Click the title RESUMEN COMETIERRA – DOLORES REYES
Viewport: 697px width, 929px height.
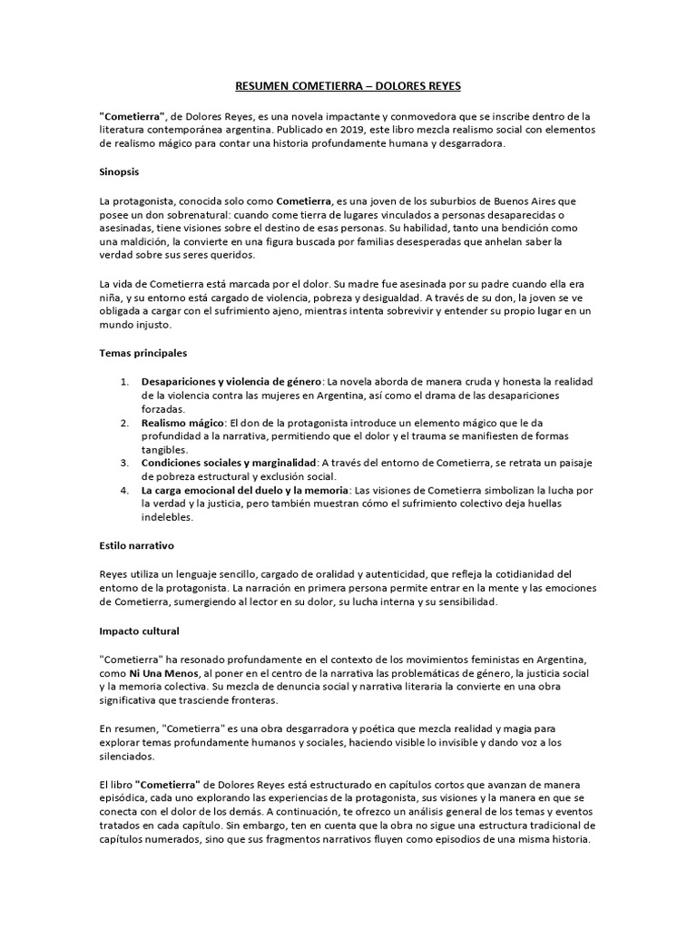(x=348, y=87)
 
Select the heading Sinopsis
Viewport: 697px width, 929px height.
(x=119, y=171)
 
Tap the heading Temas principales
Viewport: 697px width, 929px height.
(x=142, y=351)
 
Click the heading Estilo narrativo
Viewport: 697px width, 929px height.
(x=137, y=547)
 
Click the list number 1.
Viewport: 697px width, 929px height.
(x=124, y=382)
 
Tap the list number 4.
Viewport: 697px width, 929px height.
(x=124, y=491)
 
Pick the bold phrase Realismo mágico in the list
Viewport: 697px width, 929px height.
(x=182, y=423)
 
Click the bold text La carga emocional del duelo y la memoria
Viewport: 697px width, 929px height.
(x=244, y=491)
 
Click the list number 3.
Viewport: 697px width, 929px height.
(x=124, y=463)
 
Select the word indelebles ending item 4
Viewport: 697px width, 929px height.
(x=167, y=518)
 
